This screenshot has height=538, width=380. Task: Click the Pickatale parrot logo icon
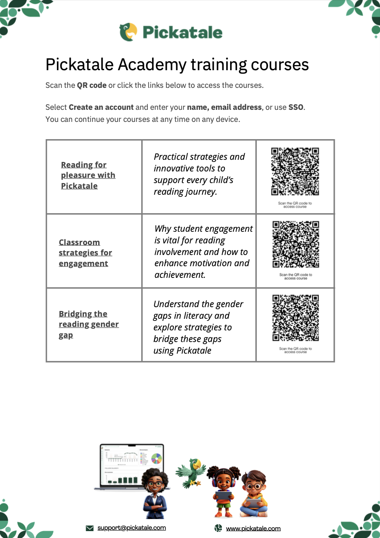click(128, 32)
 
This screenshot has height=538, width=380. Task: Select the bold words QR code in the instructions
click(91, 85)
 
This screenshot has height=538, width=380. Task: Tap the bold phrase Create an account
click(101, 107)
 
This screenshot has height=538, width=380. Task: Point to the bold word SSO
click(296, 107)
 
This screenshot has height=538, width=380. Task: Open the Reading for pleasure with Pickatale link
click(88, 175)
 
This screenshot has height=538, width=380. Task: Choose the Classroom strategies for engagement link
click(85, 253)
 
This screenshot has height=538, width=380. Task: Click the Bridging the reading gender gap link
click(88, 324)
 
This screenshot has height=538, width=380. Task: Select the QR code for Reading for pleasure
click(295, 171)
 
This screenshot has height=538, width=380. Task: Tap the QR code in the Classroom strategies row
click(296, 245)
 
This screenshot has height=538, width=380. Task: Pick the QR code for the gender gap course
click(296, 318)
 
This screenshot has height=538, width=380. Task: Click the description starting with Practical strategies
click(199, 174)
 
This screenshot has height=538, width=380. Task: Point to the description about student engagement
click(203, 252)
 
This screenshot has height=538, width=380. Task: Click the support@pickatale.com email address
click(131, 528)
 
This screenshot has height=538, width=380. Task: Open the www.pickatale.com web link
click(253, 529)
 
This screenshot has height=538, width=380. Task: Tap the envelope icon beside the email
click(90, 528)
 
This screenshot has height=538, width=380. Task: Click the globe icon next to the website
click(218, 529)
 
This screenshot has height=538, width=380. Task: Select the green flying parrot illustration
click(191, 473)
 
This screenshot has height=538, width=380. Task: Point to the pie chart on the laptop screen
click(156, 458)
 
